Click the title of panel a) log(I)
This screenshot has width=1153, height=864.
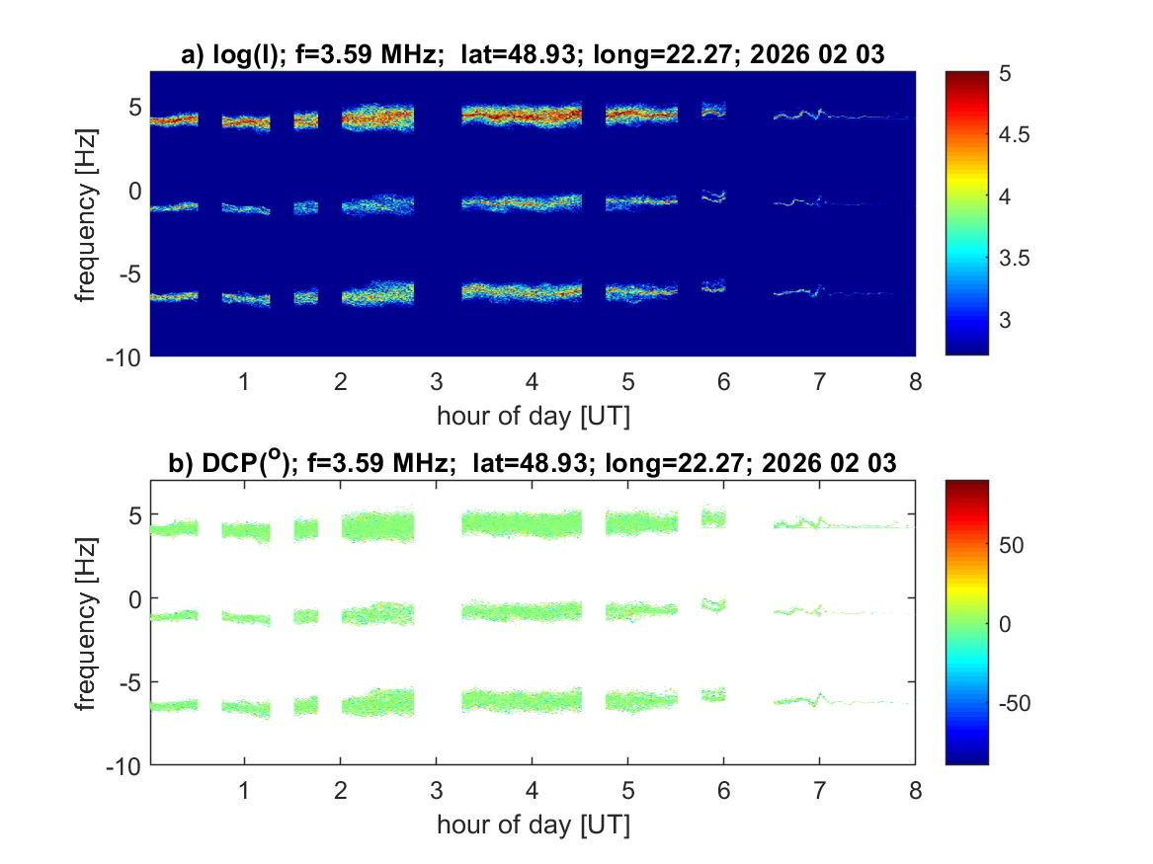(533, 56)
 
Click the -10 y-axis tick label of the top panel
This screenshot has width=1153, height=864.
(124, 355)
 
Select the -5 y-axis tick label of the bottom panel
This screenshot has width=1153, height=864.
(129, 681)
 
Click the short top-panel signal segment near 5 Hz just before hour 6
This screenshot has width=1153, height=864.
(713, 111)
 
